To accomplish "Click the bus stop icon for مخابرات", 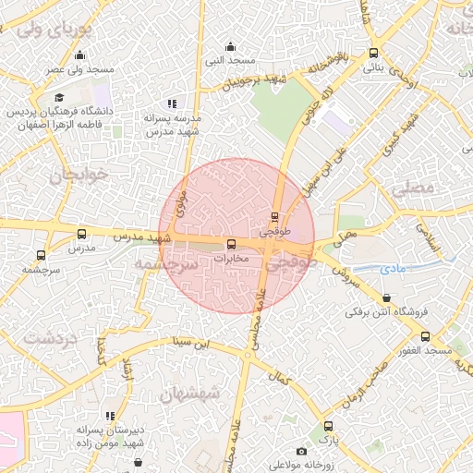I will coord(232,244).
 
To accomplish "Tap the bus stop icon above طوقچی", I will coord(273,218).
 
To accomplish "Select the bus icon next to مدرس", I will coord(81,235).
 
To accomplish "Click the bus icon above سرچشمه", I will coord(41,255).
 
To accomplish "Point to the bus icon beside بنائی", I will coord(373,53).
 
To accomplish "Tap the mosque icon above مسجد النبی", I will coord(230,46).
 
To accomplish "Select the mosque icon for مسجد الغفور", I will coord(451,337).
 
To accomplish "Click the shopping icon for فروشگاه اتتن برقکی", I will coord(386,297).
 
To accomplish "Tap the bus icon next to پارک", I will coord(327,427).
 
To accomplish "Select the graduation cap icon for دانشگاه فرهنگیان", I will coord(59,97).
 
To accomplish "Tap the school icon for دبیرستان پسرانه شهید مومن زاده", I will coord(111,417).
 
